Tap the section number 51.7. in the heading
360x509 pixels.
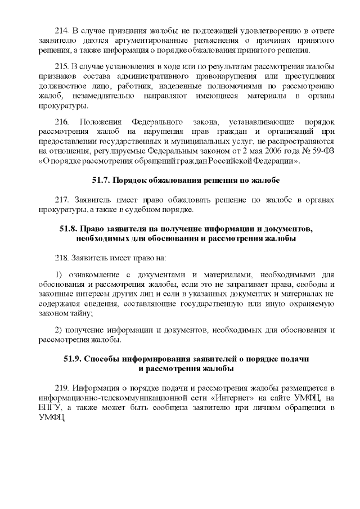coord(102,181)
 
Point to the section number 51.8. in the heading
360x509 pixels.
coord(70,229)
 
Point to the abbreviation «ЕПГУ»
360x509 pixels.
coord(49,408)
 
